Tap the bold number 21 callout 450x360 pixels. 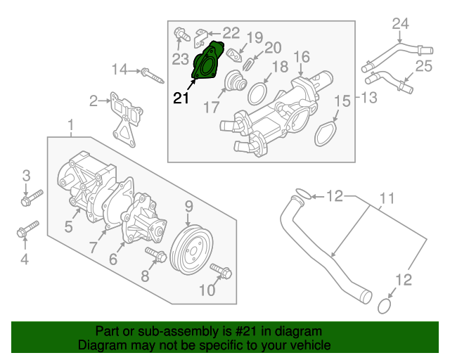click(181, 99)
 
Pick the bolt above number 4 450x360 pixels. click(29, 229)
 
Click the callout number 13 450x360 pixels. click(369, 96)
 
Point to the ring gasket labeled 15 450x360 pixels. click(325, 134)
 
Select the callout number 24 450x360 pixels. click(399, 24)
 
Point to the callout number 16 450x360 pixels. click(301, 56)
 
